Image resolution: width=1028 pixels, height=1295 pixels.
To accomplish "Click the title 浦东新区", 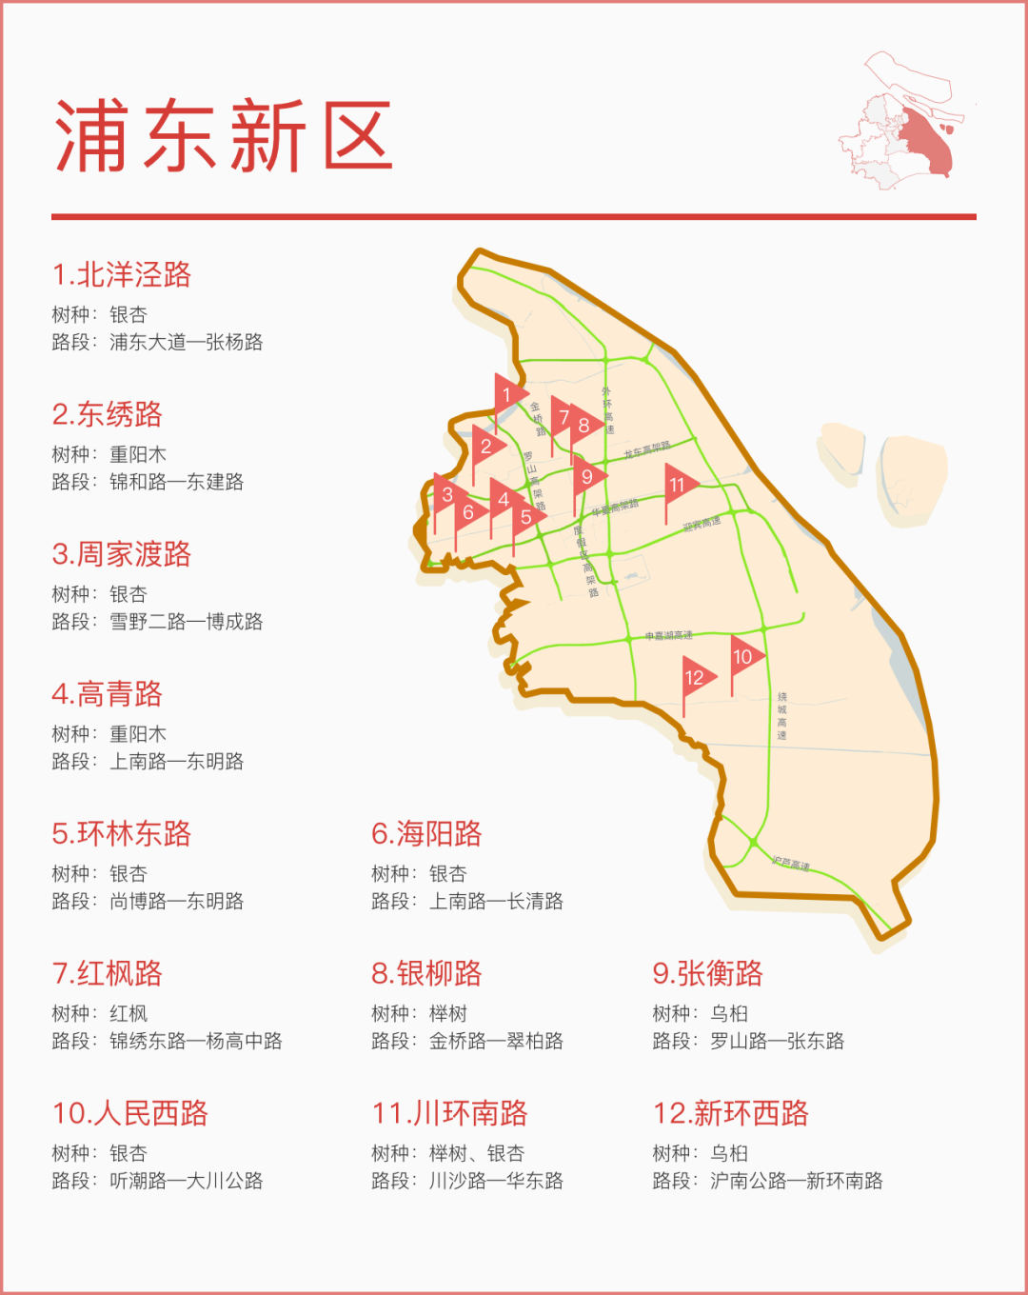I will (x=225, y=136).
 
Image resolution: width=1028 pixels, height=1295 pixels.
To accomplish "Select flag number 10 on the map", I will (x=743, y=656).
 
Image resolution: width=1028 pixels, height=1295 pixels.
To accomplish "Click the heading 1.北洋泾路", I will (x=122, y=274).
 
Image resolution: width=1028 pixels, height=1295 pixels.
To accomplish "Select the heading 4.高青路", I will (x=108, y=694).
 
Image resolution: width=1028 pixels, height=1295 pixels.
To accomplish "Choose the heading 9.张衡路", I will (x=707, y=973).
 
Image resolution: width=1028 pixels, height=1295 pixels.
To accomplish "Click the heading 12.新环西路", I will (x=730, y=1113).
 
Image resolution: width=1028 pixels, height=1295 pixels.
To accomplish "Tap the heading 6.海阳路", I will (x=426, y=834).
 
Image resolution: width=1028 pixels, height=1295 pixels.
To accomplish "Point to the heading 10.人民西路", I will (x=130, y=1113).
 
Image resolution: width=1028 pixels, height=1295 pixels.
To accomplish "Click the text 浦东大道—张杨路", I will (x=186, y=342).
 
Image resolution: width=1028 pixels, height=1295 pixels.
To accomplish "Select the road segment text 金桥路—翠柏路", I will (x=496, y=1041).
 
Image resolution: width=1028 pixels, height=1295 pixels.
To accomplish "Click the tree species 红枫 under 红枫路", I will (x=128, y=1013).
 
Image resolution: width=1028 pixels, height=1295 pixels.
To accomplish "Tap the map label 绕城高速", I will (x=781, y=716).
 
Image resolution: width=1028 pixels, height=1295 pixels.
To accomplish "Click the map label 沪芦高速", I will (x=790, y=865).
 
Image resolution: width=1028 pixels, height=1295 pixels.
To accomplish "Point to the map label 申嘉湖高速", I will (x=668, y=635).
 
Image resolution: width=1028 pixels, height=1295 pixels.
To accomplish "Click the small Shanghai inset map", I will (x=899, y=124).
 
